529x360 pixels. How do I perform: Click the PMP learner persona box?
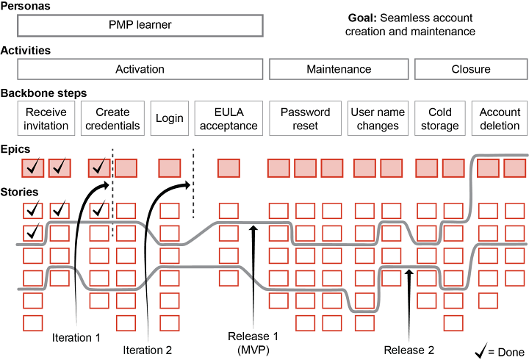(x=140, y=25)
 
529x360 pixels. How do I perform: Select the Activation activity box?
(x=140, y=69)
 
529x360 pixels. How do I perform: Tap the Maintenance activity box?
(x=339, y=69)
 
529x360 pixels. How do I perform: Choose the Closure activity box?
(x=471, y=69)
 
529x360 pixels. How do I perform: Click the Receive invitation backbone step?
(x=46, y=119)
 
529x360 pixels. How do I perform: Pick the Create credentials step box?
(x=112, y=119)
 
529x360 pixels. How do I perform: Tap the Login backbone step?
(x=169, y=119)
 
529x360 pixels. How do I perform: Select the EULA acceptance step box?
(x=228, y=119)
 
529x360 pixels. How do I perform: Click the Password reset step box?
(x=305, y=119)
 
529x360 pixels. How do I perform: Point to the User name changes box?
(x=378, y=119)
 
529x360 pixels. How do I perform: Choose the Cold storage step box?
(x=439, y=119)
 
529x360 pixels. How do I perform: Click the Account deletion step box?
(x=500, y=119)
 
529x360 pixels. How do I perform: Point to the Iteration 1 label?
(x=76, y=338)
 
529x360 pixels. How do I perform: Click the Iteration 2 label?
(x=148, y=350)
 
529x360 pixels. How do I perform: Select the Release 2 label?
(x=409, y=350)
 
